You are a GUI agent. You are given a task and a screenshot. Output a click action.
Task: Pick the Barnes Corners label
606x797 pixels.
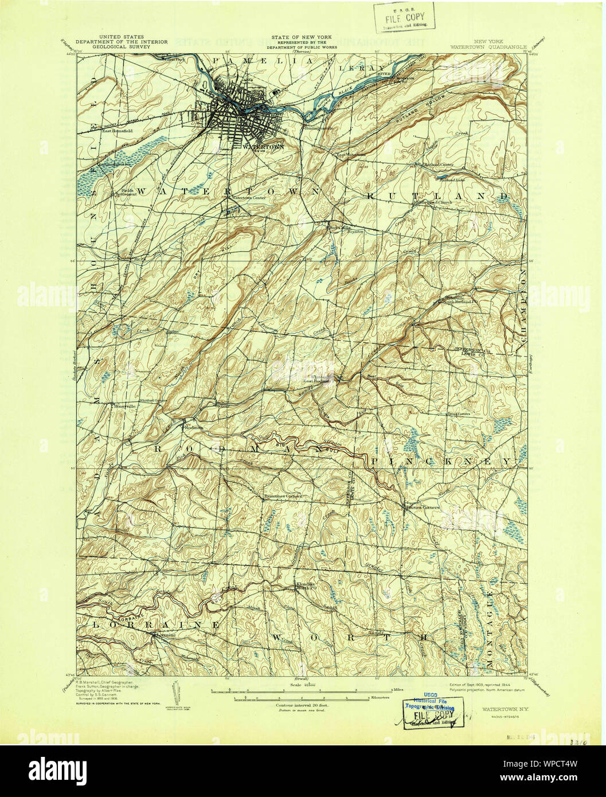[423, 507]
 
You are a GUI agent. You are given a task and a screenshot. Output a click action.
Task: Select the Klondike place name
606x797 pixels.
[304, 584]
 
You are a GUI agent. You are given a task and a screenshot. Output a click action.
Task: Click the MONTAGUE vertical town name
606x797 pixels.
[490, 622]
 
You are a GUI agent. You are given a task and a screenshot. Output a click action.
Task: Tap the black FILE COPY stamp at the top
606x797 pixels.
[405, 17]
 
